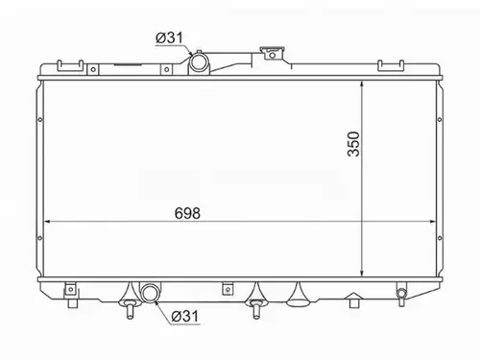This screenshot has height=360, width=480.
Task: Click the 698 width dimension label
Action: pos(187,213)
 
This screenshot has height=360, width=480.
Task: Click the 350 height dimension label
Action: pos(353,144)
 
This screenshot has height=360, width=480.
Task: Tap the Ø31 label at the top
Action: pos(170,37)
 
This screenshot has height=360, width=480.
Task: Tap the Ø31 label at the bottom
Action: pos(185,316)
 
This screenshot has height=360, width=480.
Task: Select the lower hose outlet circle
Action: pos(150,293)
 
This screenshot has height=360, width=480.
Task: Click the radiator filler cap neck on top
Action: pos(272,54)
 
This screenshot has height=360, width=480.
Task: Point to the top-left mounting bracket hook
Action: pos(70,65)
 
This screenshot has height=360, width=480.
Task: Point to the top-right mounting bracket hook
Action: pos(391,65)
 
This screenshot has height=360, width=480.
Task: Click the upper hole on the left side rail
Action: pos(40,120)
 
